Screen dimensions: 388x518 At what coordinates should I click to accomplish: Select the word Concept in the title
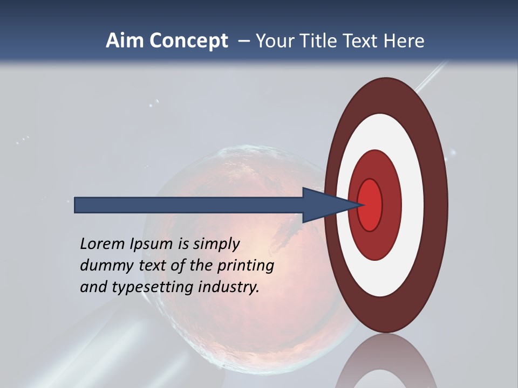(188, 41)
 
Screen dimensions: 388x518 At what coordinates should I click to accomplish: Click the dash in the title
(244, 41)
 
